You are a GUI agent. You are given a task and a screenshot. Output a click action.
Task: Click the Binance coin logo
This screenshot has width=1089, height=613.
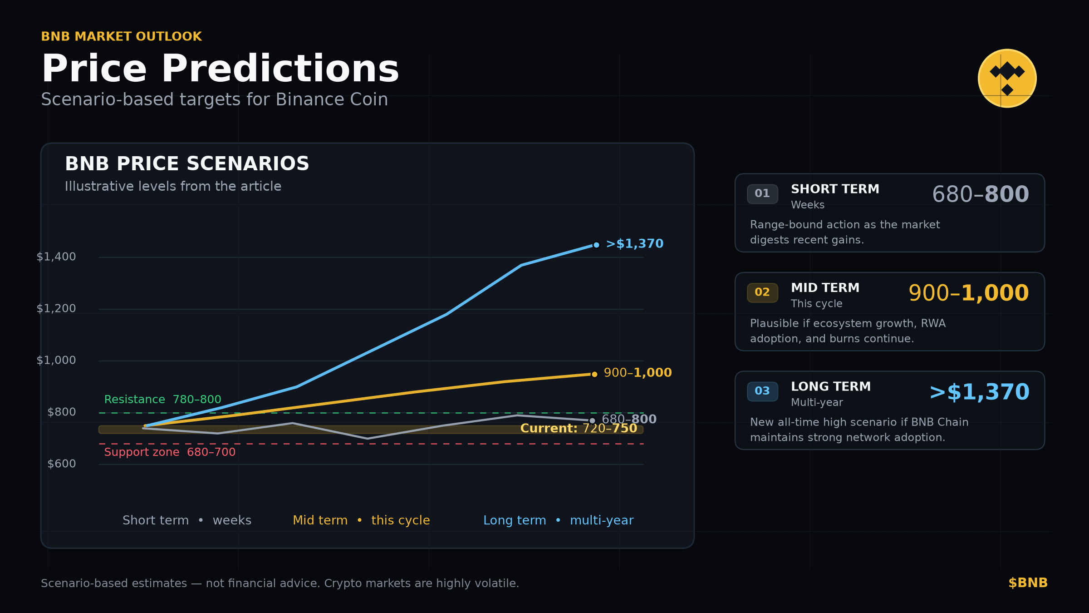click(1007, 79)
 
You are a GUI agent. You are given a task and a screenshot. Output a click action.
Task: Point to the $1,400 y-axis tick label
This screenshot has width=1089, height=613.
click(56, 257)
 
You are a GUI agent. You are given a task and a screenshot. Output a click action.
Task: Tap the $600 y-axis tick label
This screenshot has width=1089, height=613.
click(62, 464)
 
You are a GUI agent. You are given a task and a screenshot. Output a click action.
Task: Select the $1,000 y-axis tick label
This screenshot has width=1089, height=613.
click(56, 361)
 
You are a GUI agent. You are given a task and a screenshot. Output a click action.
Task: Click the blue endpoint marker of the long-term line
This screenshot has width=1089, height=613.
click(596, 245)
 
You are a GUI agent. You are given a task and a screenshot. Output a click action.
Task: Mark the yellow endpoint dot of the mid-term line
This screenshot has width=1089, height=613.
click(594, 374)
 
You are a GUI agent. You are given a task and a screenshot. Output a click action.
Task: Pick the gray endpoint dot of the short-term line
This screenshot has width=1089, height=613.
click(592, 421)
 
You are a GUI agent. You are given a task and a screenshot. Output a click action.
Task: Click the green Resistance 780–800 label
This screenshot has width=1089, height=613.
click(162, 400)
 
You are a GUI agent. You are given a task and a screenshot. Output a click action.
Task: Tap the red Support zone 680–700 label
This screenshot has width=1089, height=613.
click(170, 452)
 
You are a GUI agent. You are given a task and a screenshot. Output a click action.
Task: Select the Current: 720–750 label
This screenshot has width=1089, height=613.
click(579, 429)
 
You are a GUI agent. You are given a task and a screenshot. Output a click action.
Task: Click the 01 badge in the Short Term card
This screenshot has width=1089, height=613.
click(762, 194)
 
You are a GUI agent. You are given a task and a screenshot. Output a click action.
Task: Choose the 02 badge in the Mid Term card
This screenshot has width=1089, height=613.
click(762, 292)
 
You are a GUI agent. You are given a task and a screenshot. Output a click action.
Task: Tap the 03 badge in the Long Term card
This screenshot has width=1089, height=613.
click(762, 391)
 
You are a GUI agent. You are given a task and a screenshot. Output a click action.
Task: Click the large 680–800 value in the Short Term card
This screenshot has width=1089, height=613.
click(980, 194)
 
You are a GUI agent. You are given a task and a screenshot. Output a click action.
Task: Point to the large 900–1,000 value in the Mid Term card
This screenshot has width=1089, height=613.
click(968, 293)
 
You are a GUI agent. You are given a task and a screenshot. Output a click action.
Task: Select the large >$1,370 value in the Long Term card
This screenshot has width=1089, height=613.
click(979, 392)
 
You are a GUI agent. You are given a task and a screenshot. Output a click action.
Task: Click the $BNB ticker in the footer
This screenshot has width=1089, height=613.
click(1028, 583)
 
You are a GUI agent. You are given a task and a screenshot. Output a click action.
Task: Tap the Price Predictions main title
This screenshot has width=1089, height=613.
click(220, 69)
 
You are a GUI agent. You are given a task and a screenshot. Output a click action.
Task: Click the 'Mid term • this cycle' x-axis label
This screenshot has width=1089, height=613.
click(361, 520)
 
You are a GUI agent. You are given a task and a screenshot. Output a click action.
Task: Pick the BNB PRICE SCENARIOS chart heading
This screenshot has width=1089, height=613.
click(187, 164)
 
